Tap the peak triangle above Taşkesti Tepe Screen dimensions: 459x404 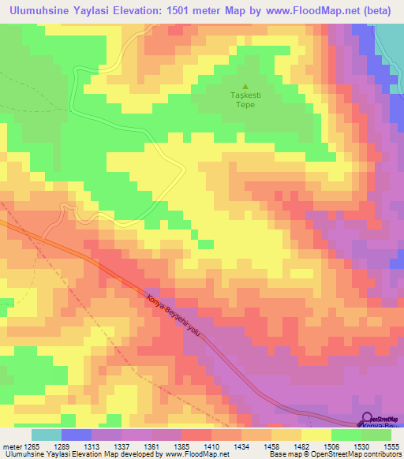click(245, 86)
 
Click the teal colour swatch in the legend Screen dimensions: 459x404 click(47, 435)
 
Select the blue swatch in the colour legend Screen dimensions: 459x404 click(77, 435)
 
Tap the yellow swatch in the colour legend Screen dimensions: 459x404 click(316, 435)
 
